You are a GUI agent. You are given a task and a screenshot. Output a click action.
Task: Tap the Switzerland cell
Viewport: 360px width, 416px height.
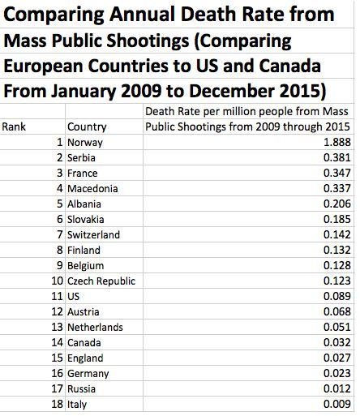click(x=94, y=235)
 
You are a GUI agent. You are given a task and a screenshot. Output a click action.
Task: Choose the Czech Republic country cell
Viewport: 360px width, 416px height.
click(x=102, y=281)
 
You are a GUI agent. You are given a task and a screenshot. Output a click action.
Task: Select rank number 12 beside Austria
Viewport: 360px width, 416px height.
click(x=57, y=311)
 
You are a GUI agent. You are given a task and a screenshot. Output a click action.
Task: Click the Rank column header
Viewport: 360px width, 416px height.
click(x=14, y=127)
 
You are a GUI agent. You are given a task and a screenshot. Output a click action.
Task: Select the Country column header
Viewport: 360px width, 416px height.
click(x=87, y=127)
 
